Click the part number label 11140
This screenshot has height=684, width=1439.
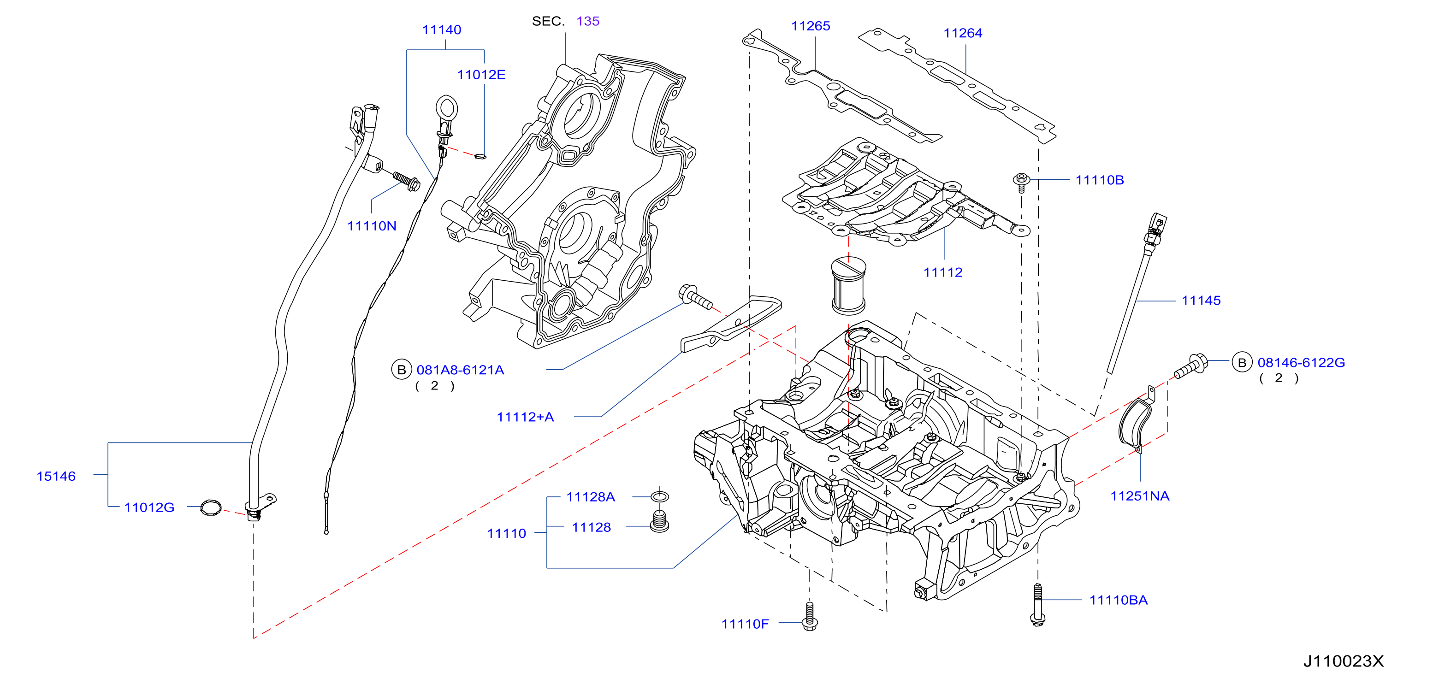pyautogui.click(x=441, y=29)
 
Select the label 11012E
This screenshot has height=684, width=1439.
pyautogui.click(x=481, y=74)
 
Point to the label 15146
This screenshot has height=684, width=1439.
pyautogui.click(x=56, y=476)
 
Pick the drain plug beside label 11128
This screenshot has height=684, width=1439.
pyautogui.click(x=660, y=522)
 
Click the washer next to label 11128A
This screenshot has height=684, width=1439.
pyautogui.click(x=660, y=496)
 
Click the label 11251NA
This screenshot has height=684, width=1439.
pyautogui.click(x=1140, y=496)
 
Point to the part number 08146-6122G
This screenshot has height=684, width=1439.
pyautogui.click(x=1301, y=362)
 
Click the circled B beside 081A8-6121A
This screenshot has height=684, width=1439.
pyautogui.click(x=401, y=370)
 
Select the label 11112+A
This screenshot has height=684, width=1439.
pyautogui.click(x=525, y=417)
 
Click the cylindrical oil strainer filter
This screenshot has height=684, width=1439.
pyautogui.click(x=848, y=285)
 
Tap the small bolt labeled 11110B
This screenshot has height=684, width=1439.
pyautogui.click(x=1022, y=182)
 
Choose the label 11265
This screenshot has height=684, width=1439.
pyautogui.click(x=811, y=26)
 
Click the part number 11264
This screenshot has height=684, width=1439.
pyautogui.click(x=963, y=33)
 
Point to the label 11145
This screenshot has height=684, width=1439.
pyautogui.click(x=1201, y=301)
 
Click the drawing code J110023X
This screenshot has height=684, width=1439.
pyautogui.click(x=1344, y=661)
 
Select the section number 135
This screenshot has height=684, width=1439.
pyautogui.click(x=588, y=21)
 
